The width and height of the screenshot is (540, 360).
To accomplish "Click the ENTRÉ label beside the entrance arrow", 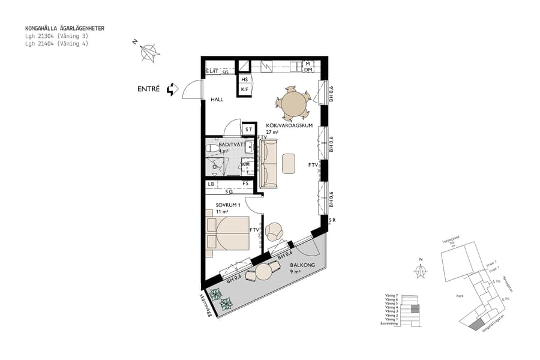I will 148,89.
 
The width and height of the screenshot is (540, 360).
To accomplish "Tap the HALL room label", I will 217,99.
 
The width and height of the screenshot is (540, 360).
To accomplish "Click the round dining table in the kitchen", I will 293,103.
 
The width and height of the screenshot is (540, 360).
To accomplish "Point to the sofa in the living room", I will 270,163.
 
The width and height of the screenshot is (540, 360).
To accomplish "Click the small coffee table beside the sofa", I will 289,163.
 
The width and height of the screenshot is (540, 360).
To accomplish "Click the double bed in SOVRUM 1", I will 228,233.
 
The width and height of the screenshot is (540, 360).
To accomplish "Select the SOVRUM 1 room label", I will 228,205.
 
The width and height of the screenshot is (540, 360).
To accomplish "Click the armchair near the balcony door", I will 275,231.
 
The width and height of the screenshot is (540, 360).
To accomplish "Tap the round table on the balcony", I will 265,272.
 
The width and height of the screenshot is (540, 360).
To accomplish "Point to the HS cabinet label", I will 244,79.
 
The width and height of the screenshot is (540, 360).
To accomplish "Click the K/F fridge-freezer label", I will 244,90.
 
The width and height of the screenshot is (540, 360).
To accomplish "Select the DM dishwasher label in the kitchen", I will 307,70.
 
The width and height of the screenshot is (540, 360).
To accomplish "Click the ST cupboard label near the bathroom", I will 248,130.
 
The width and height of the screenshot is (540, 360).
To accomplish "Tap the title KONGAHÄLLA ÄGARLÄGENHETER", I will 64,28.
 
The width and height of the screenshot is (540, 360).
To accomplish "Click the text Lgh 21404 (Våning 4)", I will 56,43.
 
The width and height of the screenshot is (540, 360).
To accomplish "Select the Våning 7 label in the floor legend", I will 392,295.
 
